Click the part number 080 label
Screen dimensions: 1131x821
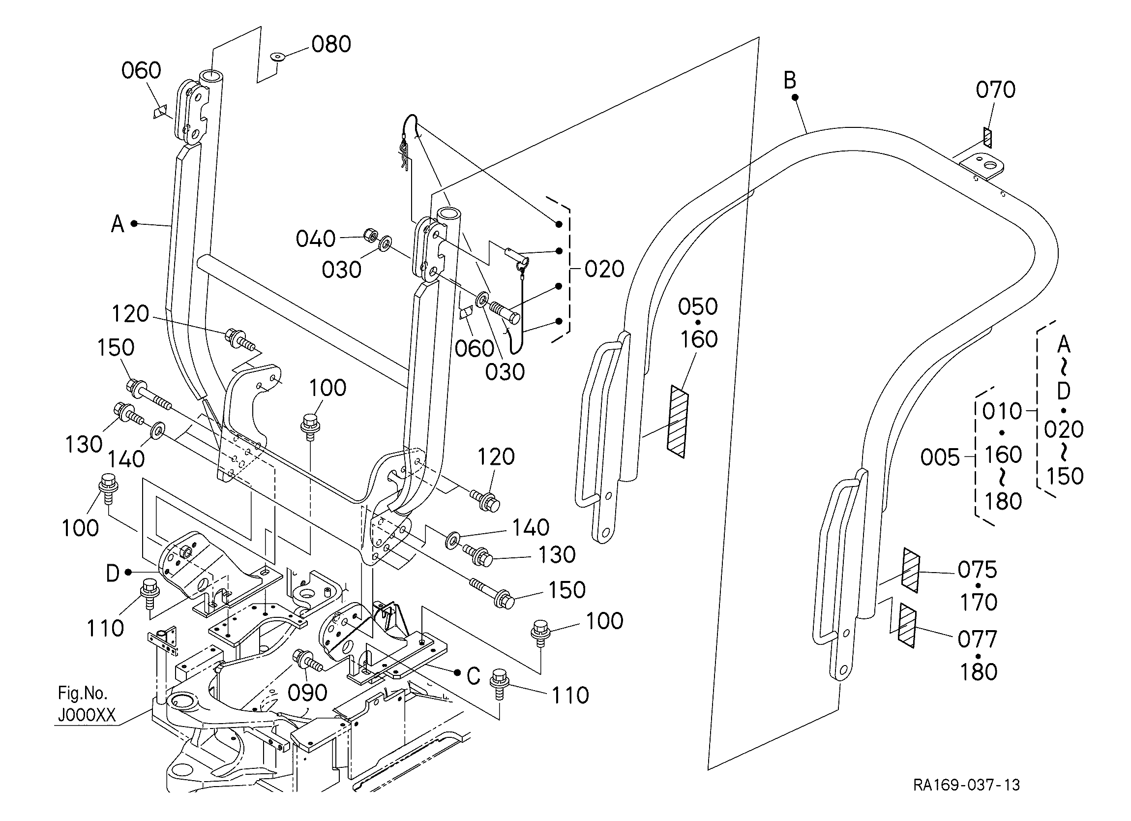[x=331, y=44]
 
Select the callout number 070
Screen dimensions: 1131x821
[x=995, y=90]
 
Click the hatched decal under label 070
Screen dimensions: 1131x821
[x=987, y=137]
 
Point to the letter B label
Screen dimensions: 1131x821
[x=790, y=80]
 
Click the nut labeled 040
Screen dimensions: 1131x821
[x=369, y=235]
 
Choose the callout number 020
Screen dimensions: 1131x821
[x=604, y=270]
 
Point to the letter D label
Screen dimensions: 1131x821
[x=113, y=574]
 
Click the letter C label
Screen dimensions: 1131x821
[x=473, y=676]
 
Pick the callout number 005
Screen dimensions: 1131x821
[x=940, y=457]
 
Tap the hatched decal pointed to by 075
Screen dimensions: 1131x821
[x=910, y=571]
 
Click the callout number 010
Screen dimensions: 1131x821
[x=1002, y=412]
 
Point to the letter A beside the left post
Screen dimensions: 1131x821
[x=117, y=224]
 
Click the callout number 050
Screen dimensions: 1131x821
[x=698, y=306]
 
